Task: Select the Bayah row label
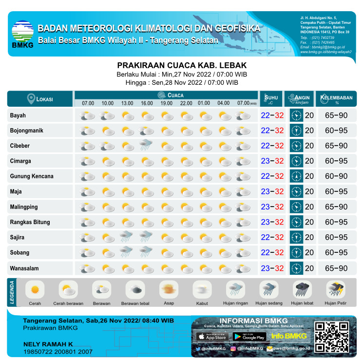[18, 115]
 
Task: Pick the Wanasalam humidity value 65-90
[336, 268]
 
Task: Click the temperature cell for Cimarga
[272, 161]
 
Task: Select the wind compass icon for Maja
[296, 191]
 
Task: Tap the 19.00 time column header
[166, 103]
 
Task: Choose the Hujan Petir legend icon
[335, 289]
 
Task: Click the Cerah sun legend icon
[35, 289]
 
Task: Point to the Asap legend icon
[169, 289]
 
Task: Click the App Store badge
[211, 336]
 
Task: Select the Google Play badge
[249, 336]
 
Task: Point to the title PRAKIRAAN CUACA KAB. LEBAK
[182, 65]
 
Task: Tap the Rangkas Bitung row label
[30, 222]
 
